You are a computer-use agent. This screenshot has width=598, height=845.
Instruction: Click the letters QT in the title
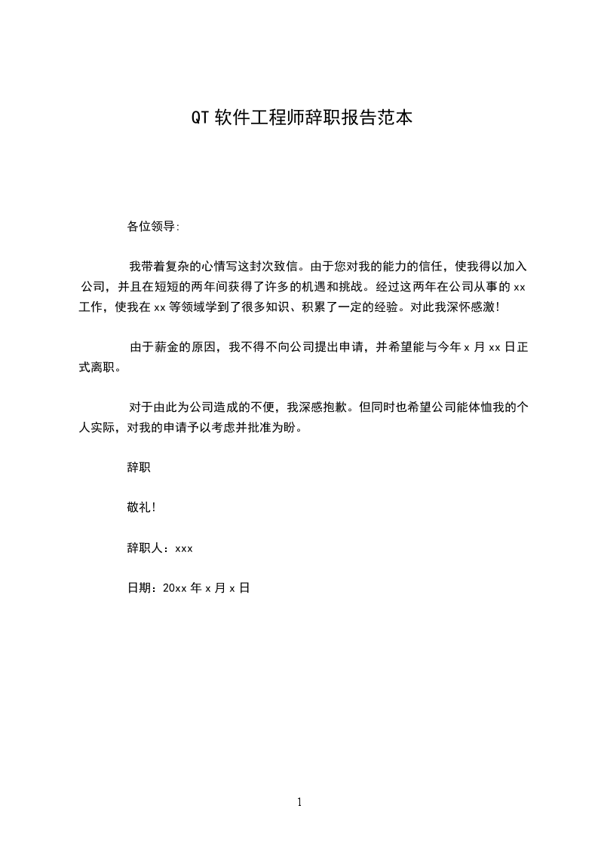coord(200,118)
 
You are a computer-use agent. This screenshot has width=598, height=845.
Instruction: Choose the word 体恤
coord(471,408)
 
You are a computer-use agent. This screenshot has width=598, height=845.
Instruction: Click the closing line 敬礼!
coord(141,508)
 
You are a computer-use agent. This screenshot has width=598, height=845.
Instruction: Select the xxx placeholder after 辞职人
coord(184,548)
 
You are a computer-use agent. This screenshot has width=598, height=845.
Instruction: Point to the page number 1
coord(299,802)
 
